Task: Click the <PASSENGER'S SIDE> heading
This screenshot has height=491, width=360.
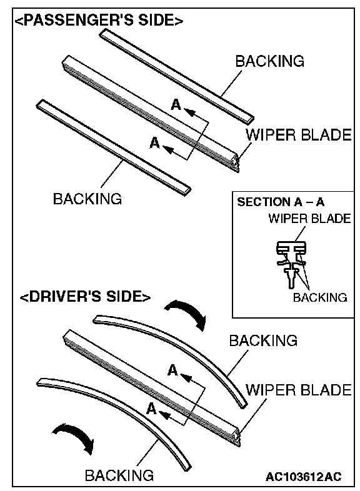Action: [x=99, y=21]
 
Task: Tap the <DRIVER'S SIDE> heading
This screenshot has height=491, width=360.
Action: [x=85, y=296]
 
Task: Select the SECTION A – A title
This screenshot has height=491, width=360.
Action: [x=281, y=202]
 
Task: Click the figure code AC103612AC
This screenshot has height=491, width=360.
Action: [x=303, y=477]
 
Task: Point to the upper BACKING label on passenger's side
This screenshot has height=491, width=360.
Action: [x=270, y=61]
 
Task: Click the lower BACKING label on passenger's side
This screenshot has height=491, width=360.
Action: [x=87, y=199]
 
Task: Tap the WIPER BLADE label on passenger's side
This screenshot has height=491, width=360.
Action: [x=299, y=135]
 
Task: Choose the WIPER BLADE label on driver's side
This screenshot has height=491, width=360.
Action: [x=299, y=390]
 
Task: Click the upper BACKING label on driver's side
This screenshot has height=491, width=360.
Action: [x=263, y=340]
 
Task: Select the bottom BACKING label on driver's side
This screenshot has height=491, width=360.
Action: [x=119, y=475]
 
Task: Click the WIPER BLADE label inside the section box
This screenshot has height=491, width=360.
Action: [x=309, y=219]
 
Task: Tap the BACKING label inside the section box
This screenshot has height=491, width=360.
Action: [x=320, y=297]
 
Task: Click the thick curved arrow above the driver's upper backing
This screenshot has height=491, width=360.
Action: [x=188, y=312]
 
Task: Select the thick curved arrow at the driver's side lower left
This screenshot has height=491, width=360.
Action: [x=75, y=435]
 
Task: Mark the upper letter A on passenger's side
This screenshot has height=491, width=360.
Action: [x=176, y=105]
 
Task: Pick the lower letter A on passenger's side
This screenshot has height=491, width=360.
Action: [x=155, y=143]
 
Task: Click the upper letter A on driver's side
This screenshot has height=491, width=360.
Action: [x=172, y=370]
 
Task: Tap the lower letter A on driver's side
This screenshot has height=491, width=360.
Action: [x=152, y=409]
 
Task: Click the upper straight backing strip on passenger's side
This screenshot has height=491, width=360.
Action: [x=177, y=75]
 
